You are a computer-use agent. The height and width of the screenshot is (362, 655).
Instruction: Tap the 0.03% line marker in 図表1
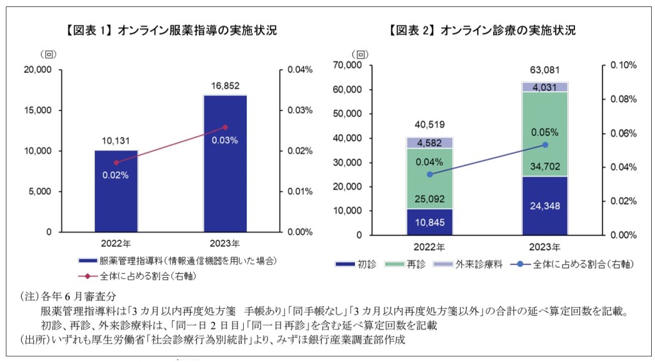(225, 127)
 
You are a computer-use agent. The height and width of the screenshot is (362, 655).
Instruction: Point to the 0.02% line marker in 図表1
(116, 163)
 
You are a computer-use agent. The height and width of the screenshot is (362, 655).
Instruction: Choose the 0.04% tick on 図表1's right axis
(299, 70)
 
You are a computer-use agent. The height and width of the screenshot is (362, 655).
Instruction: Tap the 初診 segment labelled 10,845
(429, 222)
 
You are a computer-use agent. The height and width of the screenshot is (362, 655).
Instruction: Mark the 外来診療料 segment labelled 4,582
(429, 142)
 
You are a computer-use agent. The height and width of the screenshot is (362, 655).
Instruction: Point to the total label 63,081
(545, 69)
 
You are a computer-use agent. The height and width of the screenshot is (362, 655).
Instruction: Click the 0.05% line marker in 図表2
(545, 145)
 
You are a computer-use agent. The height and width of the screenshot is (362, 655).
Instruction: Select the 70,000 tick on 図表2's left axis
(348, 65)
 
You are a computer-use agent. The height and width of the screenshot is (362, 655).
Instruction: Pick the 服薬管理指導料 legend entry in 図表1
(179, 260)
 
